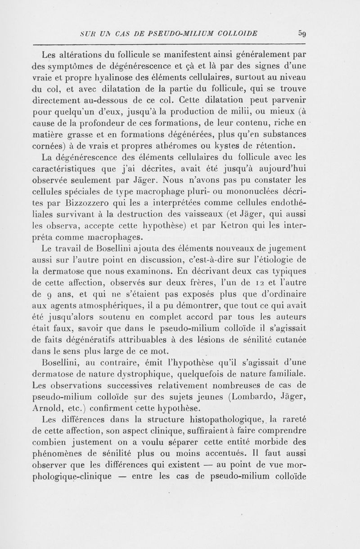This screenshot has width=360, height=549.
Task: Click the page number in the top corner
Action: click(302, 33)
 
